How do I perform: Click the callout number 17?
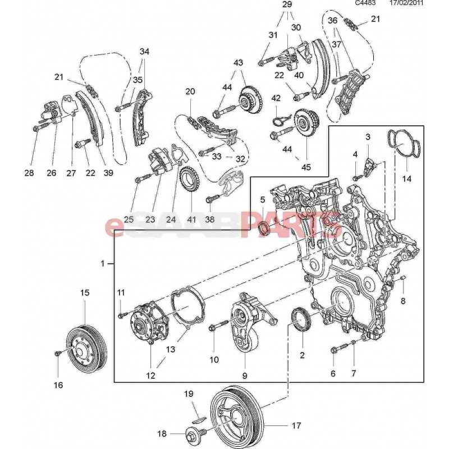pyautogui.click(x=297, y=425)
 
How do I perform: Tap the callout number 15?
pyautogui.click(x=84, y=292)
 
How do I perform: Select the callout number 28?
pyautogui.click(x=29, y=173)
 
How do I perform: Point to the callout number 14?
pyautogui.click(x=407, y=178)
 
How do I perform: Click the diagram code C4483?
pyautogui.click(x=366, y=3)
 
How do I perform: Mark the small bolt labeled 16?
pyautogui.click(x=58, y=353)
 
